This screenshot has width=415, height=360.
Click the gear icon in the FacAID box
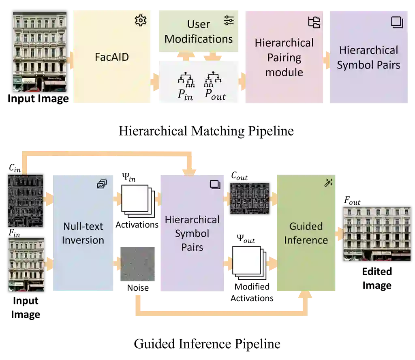point(141,20)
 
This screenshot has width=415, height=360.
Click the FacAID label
point(112,57)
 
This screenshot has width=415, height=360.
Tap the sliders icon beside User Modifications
point(229,20)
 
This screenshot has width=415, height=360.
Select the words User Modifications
point(199,32)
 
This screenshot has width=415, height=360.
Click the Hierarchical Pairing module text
point(284,58)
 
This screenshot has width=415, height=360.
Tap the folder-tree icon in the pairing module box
point(314,22)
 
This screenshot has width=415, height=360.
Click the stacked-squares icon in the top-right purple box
point(397,22)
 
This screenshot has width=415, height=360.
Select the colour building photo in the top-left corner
point(40,53)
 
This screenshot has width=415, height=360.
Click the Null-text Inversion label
point(83,233)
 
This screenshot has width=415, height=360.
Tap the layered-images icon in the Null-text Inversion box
point(102,184)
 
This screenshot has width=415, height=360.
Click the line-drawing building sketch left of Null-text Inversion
point(26,201)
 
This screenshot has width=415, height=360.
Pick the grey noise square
point(136,263)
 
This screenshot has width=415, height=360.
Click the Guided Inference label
point(306,233)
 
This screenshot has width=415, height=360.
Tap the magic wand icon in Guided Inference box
point(328,183)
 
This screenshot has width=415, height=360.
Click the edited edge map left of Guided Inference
point(250,198)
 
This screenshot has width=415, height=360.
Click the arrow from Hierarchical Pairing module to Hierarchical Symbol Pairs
point(326,58)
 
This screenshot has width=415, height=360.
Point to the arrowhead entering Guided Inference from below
point(306,296)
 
